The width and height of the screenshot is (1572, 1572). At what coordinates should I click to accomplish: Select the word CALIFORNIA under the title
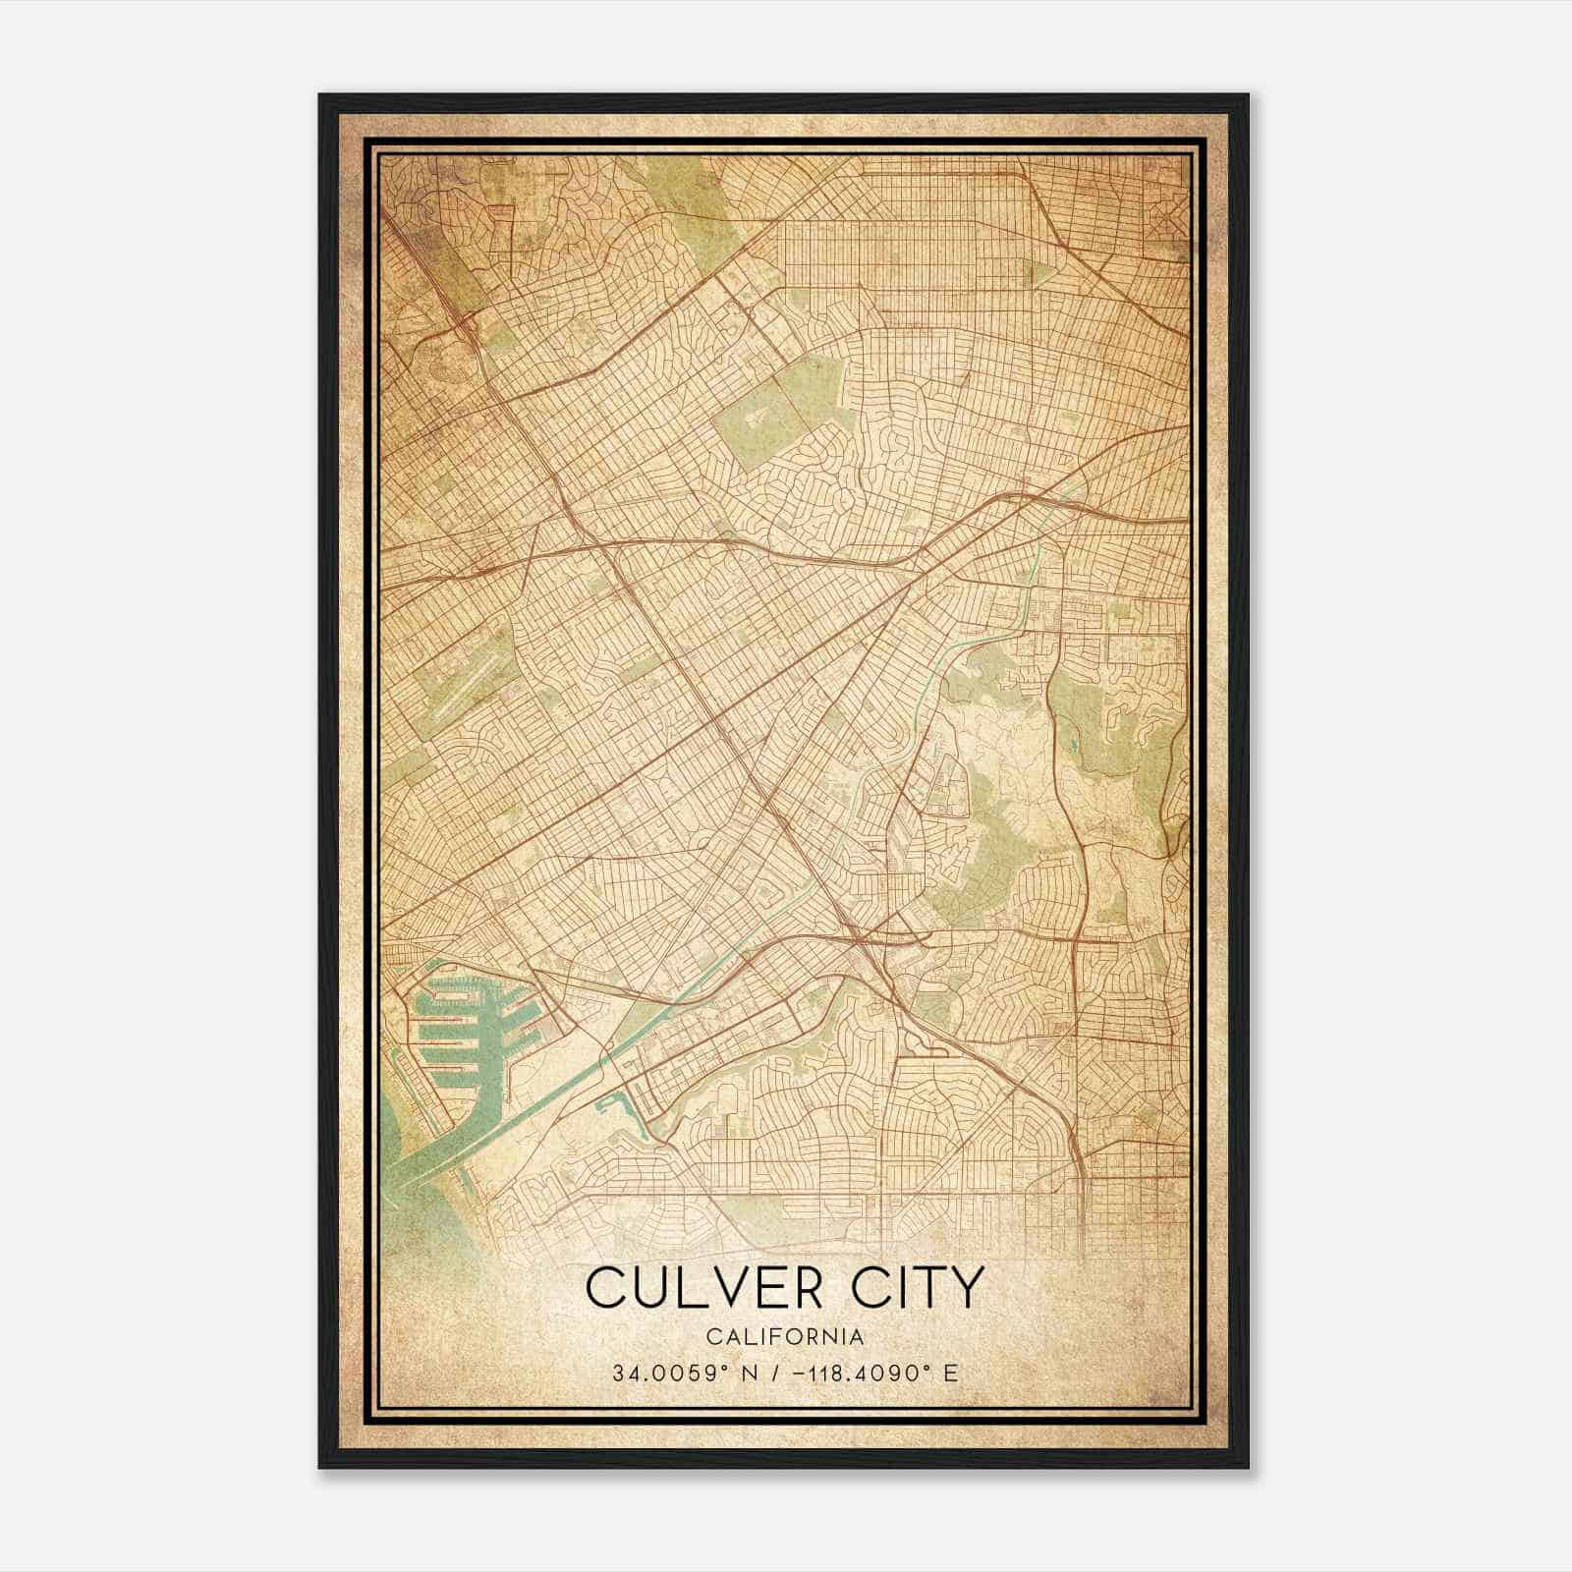point(785,1336)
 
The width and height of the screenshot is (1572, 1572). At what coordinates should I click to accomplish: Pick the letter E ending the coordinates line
point(950,1374)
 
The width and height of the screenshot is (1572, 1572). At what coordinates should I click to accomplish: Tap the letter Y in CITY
point(965,1288)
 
